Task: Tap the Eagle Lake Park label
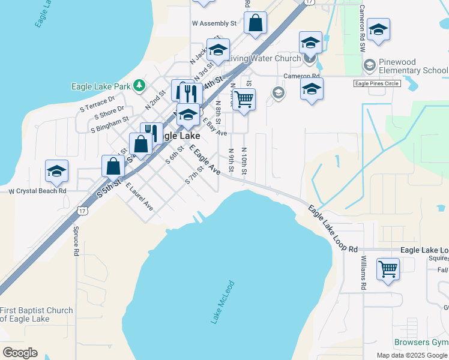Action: tap(101, 86)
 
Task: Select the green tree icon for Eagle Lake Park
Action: tap(139, 86)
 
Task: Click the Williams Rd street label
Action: tap(364, 273)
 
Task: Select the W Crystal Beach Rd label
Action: tap(37, 191)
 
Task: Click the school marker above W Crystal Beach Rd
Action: tap(57, 172)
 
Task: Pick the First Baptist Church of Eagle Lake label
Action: tap(37, 314)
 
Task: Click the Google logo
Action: tap(20, 353)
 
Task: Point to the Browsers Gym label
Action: tap(421, 343)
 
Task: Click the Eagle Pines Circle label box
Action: tap(377, 84)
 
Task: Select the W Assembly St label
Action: tap(214, 23)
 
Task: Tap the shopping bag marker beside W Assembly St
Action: tap(255, 23)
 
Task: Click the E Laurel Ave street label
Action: tap(139, 197)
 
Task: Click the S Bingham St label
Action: tap(110, 124)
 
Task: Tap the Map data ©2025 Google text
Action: tap(412, 355)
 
